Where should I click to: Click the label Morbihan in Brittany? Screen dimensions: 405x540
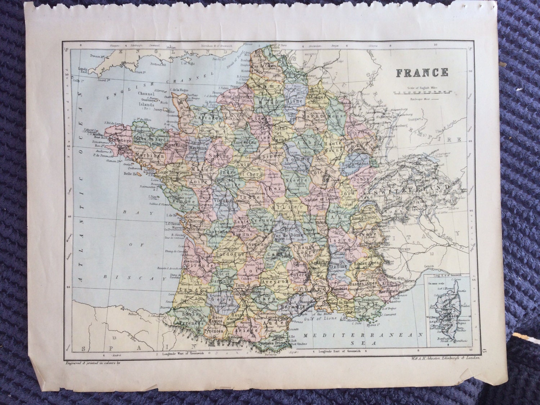(149, 156)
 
